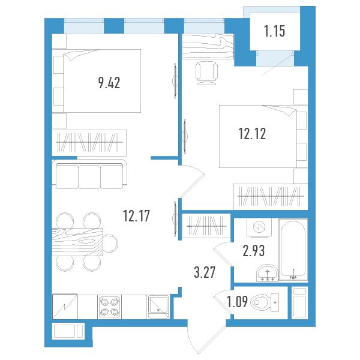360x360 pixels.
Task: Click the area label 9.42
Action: click(109, 83)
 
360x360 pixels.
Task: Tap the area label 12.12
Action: click(253, 134)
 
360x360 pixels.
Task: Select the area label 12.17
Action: click(136, 215)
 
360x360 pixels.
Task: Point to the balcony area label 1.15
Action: click(275, 31)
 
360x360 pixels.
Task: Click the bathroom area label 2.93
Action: click(254, 250)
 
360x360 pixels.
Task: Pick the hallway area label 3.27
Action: click(205, 272)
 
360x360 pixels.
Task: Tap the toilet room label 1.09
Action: click(237, 302)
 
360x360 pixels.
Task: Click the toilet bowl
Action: click(265, 302)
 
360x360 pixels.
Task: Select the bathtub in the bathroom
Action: click(293, 250)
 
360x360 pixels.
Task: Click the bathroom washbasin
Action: click(267, 273)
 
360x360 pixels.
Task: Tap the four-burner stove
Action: click(110, 307)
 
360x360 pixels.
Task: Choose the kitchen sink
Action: click(158, 307)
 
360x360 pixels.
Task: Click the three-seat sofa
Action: click(89, 175)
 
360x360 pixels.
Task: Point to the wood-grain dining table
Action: click(77, 242)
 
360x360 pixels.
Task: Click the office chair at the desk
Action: click(206, 73)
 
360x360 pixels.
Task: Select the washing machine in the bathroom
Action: click(259, 227)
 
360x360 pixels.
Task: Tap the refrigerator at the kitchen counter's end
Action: click(65, 307)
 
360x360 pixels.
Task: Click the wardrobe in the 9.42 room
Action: click(89, 143)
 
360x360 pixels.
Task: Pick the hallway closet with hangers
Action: click(206, 226)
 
